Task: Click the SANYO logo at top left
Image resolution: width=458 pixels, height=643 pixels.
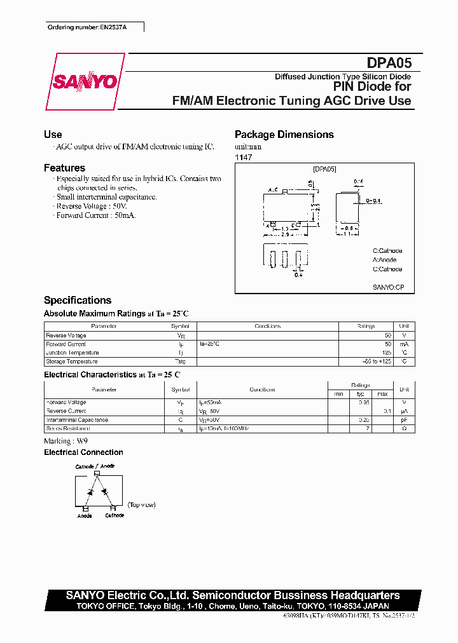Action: coord(85,82)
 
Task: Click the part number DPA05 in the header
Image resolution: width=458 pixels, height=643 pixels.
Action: coord(389,63)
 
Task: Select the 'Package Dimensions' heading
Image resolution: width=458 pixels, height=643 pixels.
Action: coord(284,135)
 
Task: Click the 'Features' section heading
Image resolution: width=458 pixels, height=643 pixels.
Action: coord(64,168)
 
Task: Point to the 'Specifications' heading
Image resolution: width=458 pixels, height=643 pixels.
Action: coord(78,301)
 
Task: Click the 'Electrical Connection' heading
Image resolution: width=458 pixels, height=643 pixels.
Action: coord(83,452)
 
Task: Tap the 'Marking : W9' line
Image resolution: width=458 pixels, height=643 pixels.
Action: coord(66,441)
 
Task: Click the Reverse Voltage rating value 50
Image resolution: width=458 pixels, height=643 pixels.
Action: coord(387,335)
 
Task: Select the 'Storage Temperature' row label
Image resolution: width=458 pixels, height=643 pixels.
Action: coord(72,362)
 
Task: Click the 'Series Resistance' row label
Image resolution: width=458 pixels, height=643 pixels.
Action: coord(68,429)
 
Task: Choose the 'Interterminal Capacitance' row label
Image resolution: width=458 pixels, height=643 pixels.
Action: coord(77,420)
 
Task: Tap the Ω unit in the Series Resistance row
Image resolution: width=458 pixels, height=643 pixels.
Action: coord(404,429)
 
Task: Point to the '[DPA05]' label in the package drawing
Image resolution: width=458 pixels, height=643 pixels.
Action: coord(324,169)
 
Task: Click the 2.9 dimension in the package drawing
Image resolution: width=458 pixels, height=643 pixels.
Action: coord(286,234)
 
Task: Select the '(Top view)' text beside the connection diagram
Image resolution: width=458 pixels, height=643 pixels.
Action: coord(141,505)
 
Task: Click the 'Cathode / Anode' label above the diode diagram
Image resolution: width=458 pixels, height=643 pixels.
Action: coord(95,467)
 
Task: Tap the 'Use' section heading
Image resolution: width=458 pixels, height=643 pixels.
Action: coord(53,135)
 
